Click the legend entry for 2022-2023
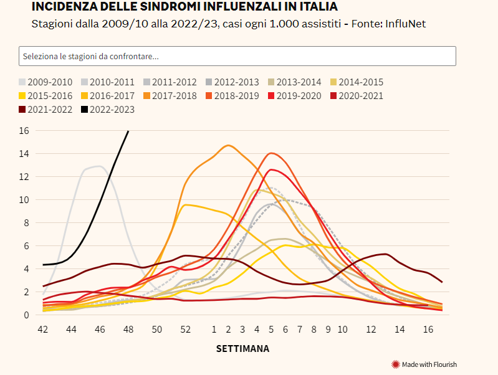pos(107,110)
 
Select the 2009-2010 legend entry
pos(45,82)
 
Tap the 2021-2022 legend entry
pos(45,110)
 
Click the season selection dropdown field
pos(237,56)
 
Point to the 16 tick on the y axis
pos(24,131)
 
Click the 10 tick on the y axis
pos(24,200)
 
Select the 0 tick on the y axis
pos(26,315)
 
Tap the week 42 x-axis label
pos(43,328)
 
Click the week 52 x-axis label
pos(185,328)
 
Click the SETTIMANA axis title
pos(243,349)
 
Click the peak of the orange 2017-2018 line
pos(228,145)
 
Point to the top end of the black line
pos(128,131)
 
